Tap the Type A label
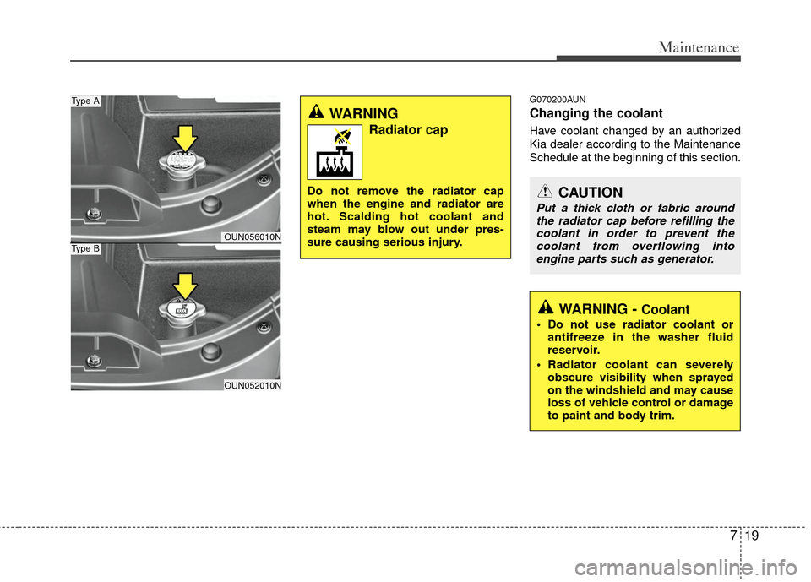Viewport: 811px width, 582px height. coord(85,101)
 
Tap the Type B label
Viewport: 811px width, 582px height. coord(85,249)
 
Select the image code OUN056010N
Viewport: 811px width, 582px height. coord(252,237)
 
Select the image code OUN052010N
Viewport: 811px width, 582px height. coord(252,385)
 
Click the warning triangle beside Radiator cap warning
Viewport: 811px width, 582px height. coord(318,112)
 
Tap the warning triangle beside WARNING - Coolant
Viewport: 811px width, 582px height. coord(546,308)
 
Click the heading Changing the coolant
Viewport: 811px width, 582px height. coord(596,113)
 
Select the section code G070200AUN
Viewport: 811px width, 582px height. coord(557,99)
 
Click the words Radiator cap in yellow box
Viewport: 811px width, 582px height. coord(408,130)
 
